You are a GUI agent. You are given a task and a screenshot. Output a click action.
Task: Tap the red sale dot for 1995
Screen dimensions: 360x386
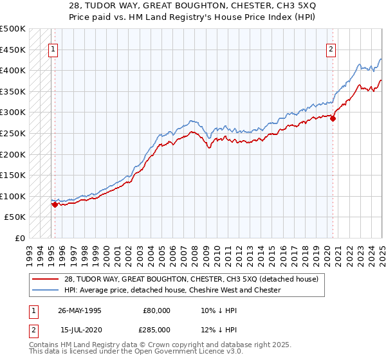click(x=55, y=204)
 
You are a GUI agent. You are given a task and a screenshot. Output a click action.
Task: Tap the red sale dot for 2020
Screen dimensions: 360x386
click(x=333, y=118)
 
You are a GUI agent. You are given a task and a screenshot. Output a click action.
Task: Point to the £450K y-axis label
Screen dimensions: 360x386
click(x=13, y=50)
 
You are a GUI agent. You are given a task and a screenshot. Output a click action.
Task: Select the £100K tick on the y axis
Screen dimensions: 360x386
click(x=13, y=196)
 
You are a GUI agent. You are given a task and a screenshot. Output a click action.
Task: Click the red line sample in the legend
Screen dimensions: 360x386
click(x=45, y=279)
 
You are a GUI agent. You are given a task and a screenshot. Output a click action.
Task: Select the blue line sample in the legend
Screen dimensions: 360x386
click(x=45, y=290)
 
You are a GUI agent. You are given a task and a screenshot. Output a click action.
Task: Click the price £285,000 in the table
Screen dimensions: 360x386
click(x=157, y=330)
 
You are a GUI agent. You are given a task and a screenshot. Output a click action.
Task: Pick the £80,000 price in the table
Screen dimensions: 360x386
click(x=157, y=310)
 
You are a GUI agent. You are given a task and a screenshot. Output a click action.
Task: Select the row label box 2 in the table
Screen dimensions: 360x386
click(x=32, y=330)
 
